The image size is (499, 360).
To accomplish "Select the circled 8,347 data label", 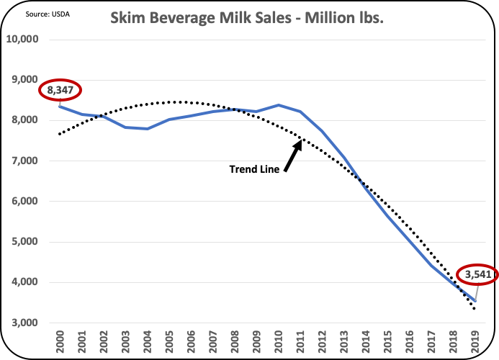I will pyautogui.click(x=61, y=91).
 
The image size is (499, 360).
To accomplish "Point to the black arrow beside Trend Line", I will pyautogui.click(x=292, y=156).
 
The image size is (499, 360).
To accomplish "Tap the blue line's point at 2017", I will pyautogui.click(x=431, y=266).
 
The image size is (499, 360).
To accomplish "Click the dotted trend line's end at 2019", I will pyautogui.click(x=475, y=309).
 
